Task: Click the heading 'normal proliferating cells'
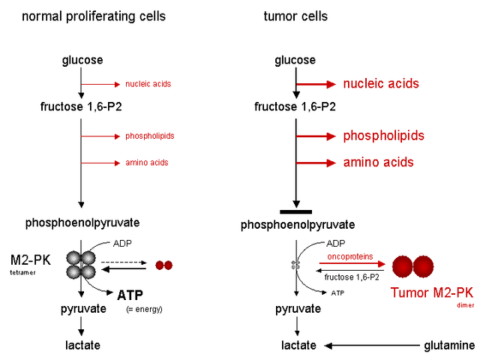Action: pos(94,16)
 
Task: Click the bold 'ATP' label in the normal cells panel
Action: pos(129,295)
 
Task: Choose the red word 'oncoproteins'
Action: pos(349,256)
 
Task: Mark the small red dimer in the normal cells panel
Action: pos(163,265)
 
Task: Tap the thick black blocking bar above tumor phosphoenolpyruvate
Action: pos(296,211)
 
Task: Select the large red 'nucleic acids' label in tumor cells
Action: pos(381,84)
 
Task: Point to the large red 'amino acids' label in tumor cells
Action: pos(378,162)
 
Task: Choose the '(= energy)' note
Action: pos(142,308)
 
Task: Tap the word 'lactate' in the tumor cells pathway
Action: pos(297,345)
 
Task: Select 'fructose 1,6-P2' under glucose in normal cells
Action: pos(81,106)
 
